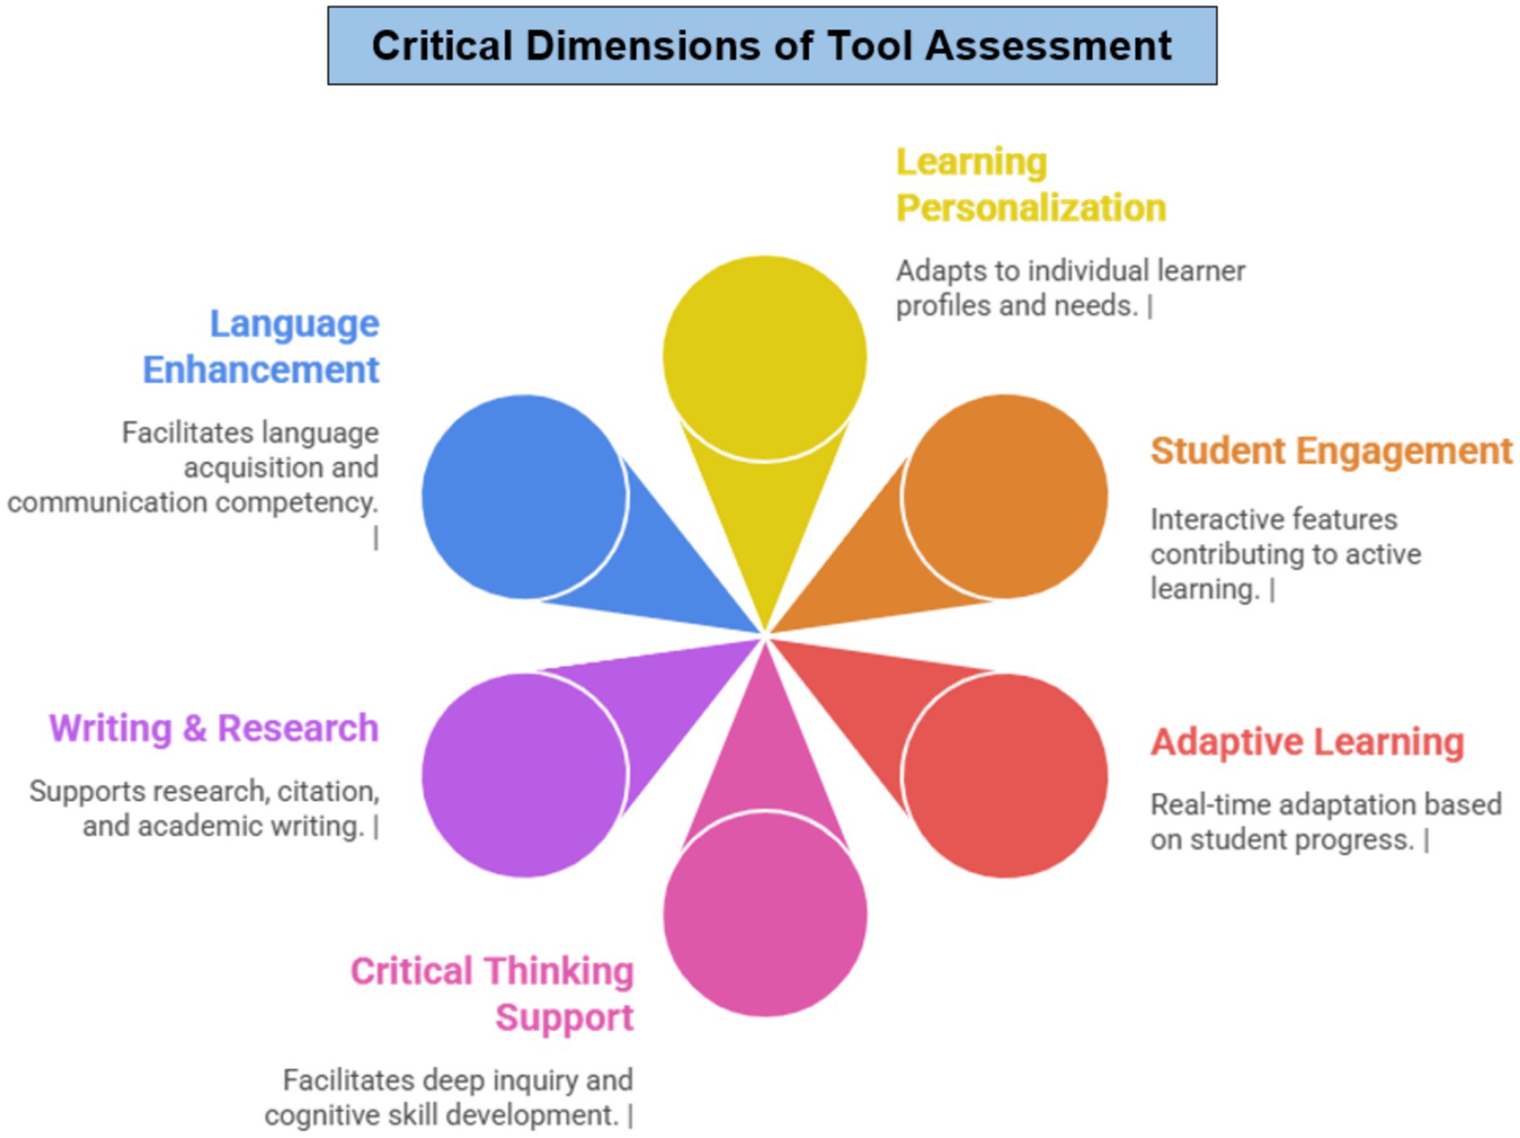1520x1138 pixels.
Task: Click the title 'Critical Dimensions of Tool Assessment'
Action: [x=771, y=46]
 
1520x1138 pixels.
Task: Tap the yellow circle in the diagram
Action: [x=765, y=357]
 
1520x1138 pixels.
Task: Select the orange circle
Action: [x=1005, y=496]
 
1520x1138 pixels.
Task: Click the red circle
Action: [x=1005, y=775]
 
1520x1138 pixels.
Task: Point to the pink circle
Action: [x=765, y=914]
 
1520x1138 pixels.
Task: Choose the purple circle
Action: [x=524, y=775]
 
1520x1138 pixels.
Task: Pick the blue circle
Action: [x=524, y=496]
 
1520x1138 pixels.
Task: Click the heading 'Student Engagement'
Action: [x=1331, y=452]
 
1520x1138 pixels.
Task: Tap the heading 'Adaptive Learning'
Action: [x=1307, y=742]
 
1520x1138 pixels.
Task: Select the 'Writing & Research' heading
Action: [x=213, y=729]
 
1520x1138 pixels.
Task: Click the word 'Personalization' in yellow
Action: [x=1031, y=208]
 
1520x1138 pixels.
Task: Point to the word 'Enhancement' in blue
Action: [x=261, y=370]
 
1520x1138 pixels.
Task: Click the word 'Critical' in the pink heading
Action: [x=411, y=971]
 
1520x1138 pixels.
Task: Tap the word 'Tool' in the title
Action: [x=870, y=46]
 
